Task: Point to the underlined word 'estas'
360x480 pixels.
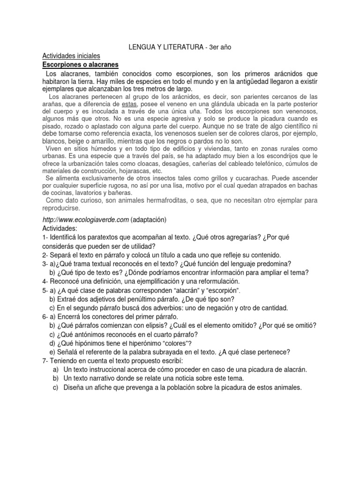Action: pyautogui.click(x=129, y=104)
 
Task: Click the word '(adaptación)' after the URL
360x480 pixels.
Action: pyautogui.click(x=149, y=219)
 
